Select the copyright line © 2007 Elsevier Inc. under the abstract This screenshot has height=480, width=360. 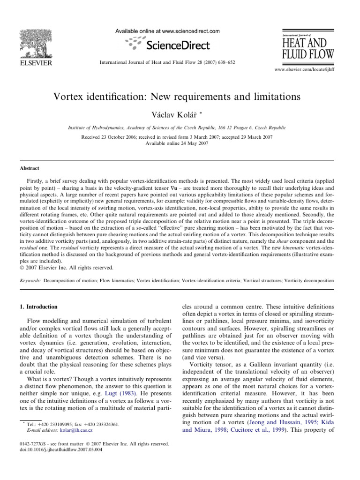pyautogui.click(x=66, y=268)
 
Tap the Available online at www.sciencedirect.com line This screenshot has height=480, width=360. pyautogui.click(x=167, y=31)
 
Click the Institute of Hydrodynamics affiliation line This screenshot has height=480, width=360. pyautogui.click(x=180, y=127)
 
